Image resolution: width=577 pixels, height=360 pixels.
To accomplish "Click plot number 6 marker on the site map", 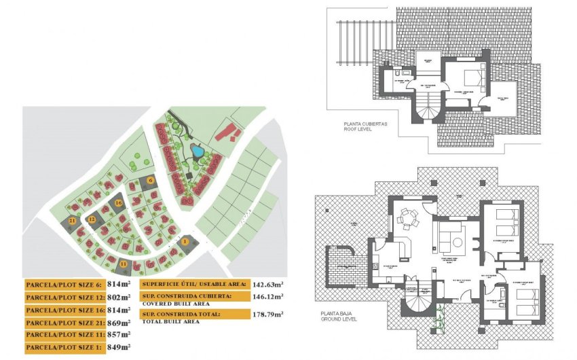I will click(x=151, y=180).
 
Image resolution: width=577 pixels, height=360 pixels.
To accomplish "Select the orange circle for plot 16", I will click(x=118, y=202).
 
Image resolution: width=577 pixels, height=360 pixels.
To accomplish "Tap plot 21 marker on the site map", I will click(x=72, y=221).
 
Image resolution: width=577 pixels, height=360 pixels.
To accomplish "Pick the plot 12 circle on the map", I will click(x=92, y=219).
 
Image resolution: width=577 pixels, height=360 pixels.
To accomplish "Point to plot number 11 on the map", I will click(x=123, y=264).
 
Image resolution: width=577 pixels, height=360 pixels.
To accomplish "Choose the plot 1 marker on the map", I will click(x=185, y=241).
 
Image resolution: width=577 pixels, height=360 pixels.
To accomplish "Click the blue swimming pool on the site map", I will click(x=196, y=150).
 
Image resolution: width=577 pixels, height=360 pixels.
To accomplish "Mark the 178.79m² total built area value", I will click(x=267, y=314).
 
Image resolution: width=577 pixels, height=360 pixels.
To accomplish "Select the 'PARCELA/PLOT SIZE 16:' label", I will click(x=64, y=310).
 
